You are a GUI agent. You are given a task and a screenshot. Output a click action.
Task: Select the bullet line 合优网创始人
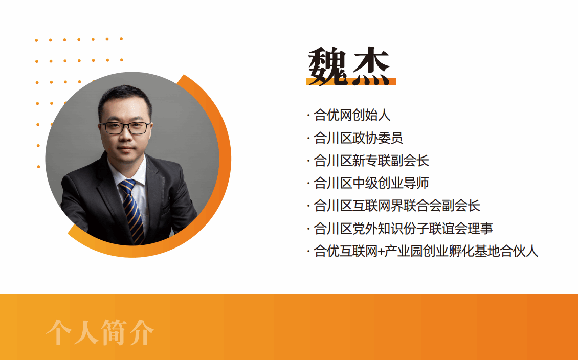[x=352, y=115]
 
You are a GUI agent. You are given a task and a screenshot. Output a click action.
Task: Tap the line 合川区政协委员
[x=358, y=138]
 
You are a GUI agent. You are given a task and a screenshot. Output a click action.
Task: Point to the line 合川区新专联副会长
[x=371, y=160]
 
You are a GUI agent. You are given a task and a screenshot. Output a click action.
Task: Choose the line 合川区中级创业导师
[x=371, y=183]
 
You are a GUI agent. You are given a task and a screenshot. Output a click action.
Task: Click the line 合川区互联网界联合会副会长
[x=396, y=206]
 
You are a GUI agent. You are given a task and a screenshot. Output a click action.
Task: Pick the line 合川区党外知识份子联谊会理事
[x=403, y=229]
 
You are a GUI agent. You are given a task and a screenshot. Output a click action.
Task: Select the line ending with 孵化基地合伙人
[x=426, y=251]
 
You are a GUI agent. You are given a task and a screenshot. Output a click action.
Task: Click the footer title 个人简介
[x=100, y=332]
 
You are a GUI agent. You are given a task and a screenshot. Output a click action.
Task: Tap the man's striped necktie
[x=132, y=211]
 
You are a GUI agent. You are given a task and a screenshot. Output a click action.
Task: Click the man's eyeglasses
[x=125, y=128]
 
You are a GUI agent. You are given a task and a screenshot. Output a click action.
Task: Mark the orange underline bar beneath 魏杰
[x=350, y=81]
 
